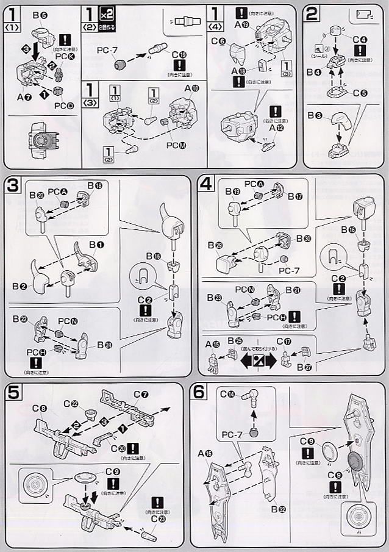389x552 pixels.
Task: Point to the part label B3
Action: coord(315,114)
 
